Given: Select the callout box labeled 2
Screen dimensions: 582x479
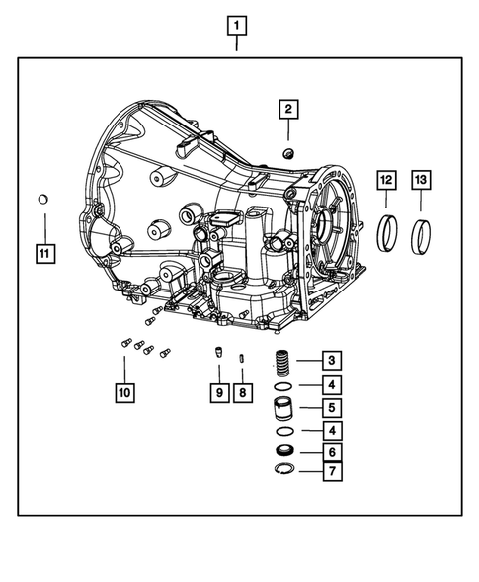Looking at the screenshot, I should point(288,109).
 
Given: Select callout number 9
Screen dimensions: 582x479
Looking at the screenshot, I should point(217,393).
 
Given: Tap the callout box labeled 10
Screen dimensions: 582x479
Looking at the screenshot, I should point(123,393).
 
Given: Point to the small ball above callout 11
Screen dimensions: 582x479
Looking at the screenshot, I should point(42,201).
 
